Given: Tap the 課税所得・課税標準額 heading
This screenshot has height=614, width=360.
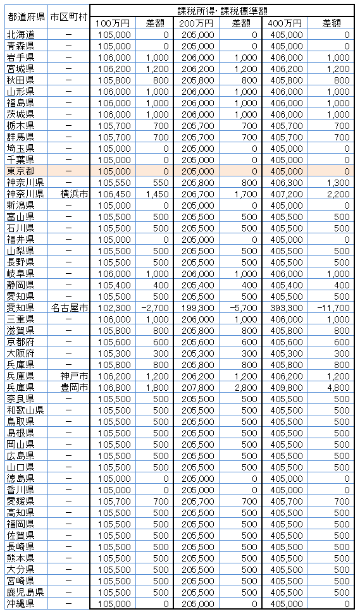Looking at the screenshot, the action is (221, 11).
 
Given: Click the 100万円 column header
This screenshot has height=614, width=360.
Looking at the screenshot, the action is (113, 23).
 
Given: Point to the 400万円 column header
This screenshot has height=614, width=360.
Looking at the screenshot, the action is (285, 23).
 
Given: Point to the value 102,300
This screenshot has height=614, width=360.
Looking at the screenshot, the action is (115, 307).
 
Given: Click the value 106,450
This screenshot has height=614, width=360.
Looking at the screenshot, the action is (115, 193).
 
